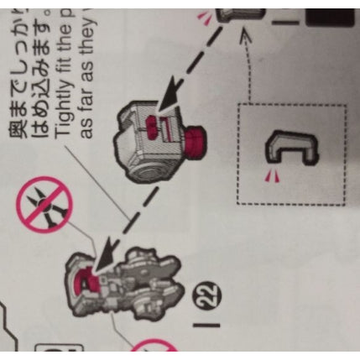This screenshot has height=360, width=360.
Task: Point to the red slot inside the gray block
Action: (x=152, y=128)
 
